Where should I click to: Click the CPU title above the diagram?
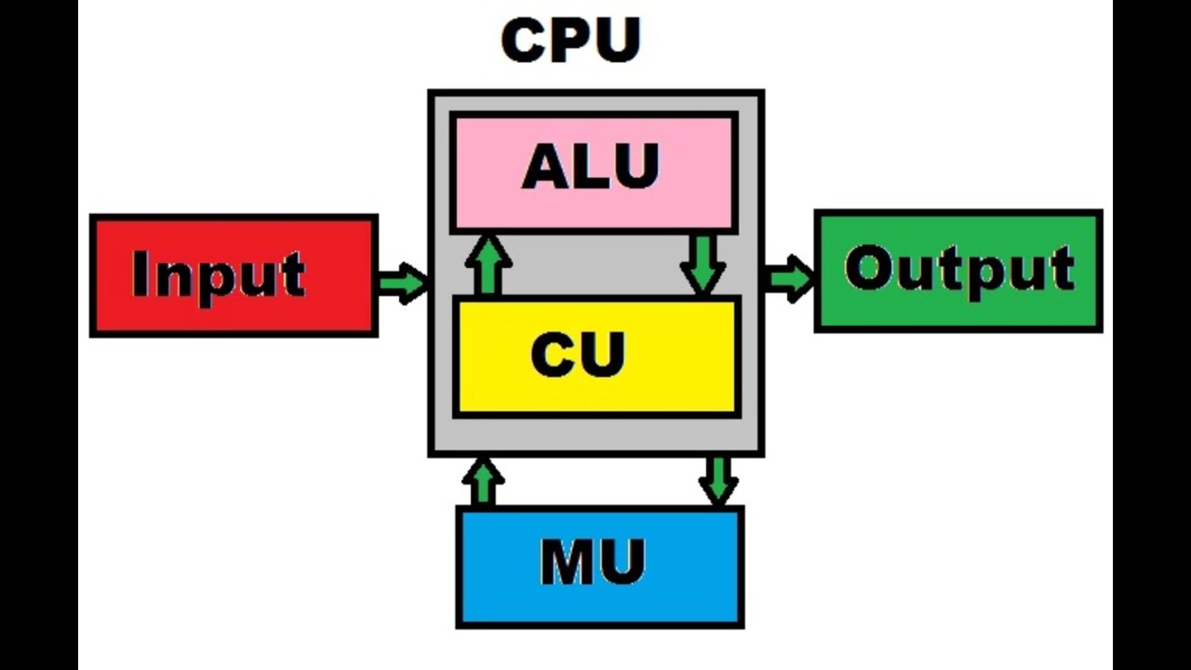tap(570, 40)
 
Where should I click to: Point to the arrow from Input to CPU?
tap(403, 282)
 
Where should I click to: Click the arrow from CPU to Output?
tap(788, 278)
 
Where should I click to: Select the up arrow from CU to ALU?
tap(488, 265)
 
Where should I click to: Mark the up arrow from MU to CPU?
tap(482, 481)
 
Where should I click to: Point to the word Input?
tap(219, 274)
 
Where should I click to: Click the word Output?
tap(959, 270)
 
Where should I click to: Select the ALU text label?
tap(591, 167)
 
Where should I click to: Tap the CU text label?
tap(578, 355)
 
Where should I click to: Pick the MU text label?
tap(593, 562)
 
